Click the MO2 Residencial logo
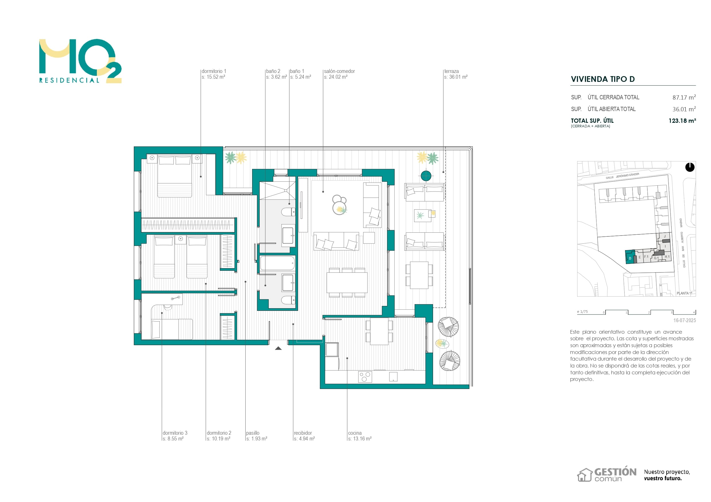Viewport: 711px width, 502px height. point(80,61)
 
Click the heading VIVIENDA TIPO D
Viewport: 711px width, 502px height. point(603,79)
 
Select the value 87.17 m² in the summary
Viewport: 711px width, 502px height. point(684,97)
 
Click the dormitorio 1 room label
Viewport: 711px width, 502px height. point(214,74)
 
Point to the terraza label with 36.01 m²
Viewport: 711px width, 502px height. point(456,74)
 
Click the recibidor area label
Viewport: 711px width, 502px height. point(304,436)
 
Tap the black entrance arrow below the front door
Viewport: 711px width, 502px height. point(278,348)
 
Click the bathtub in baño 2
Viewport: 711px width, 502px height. point(277,263)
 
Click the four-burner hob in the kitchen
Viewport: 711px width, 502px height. point(365,377)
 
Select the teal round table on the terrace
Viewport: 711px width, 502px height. point(426,176)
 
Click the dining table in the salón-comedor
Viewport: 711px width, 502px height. point(347,282)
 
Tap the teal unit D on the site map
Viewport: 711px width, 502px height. point(630,257)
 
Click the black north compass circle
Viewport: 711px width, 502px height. point(690,167)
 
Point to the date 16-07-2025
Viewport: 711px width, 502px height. point(684,321)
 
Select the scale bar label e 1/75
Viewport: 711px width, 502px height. point(582,312)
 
